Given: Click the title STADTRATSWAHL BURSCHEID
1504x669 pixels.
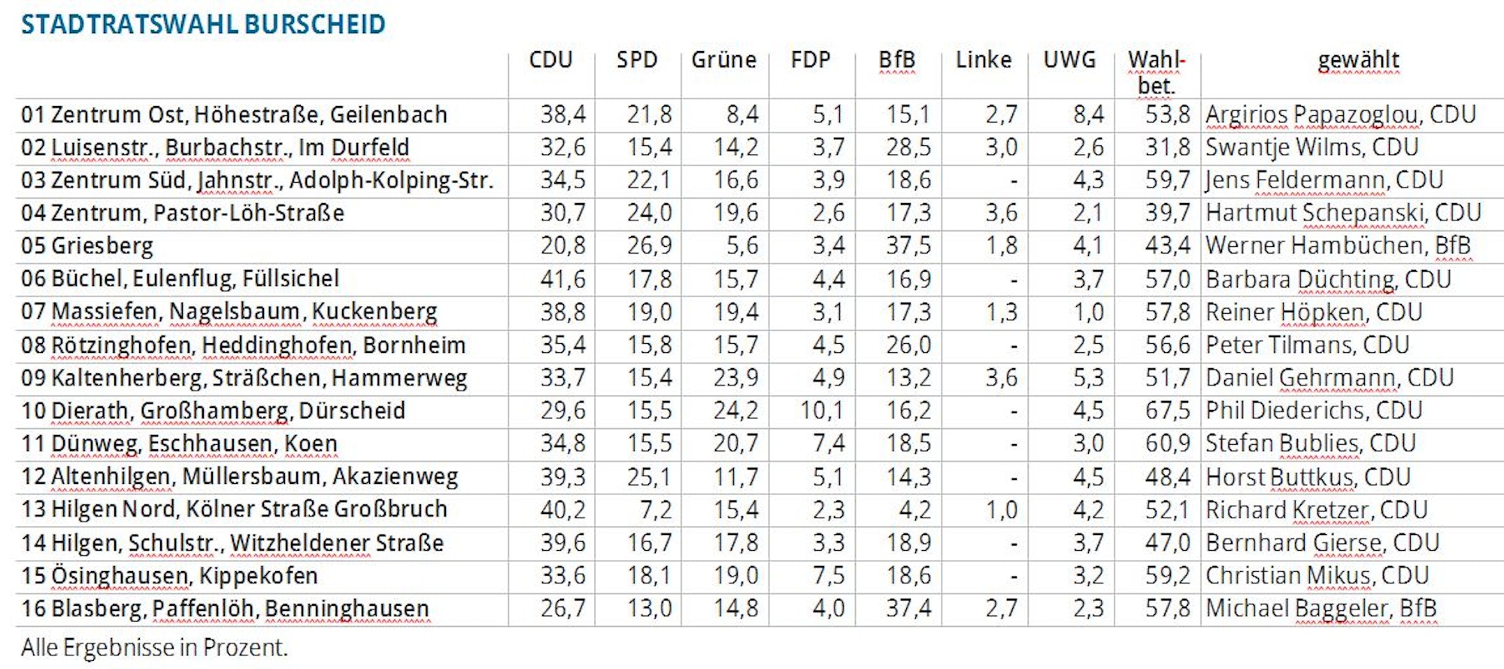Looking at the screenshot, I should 203,24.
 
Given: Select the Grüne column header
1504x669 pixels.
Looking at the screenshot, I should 723,59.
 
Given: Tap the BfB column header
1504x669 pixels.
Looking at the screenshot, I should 897,59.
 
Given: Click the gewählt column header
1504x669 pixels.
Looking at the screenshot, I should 1358,59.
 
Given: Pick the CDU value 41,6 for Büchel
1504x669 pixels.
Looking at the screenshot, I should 562,279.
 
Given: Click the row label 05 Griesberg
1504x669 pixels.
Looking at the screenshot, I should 87,246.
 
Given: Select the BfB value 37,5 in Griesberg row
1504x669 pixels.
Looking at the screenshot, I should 908,246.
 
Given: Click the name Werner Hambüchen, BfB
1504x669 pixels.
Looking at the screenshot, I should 1338,246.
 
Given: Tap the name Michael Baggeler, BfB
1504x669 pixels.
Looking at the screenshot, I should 1321,608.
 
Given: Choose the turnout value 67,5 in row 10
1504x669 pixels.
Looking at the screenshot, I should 1167,411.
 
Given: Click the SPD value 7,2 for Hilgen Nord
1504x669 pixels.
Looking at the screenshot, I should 656,509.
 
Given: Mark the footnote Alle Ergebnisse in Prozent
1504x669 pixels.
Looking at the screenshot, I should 154,647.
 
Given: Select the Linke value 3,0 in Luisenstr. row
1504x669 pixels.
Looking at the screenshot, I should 1001,147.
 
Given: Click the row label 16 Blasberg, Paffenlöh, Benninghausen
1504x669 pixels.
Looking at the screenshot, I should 225,608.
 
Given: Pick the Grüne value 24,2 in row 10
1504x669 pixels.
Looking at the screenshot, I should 735,411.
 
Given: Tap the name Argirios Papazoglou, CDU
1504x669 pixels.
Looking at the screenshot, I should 1340,114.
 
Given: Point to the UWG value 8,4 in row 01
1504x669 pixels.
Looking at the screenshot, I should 1088,114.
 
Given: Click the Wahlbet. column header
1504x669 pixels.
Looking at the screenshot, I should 1157,72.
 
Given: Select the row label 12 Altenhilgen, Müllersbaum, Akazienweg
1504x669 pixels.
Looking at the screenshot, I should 239,477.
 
